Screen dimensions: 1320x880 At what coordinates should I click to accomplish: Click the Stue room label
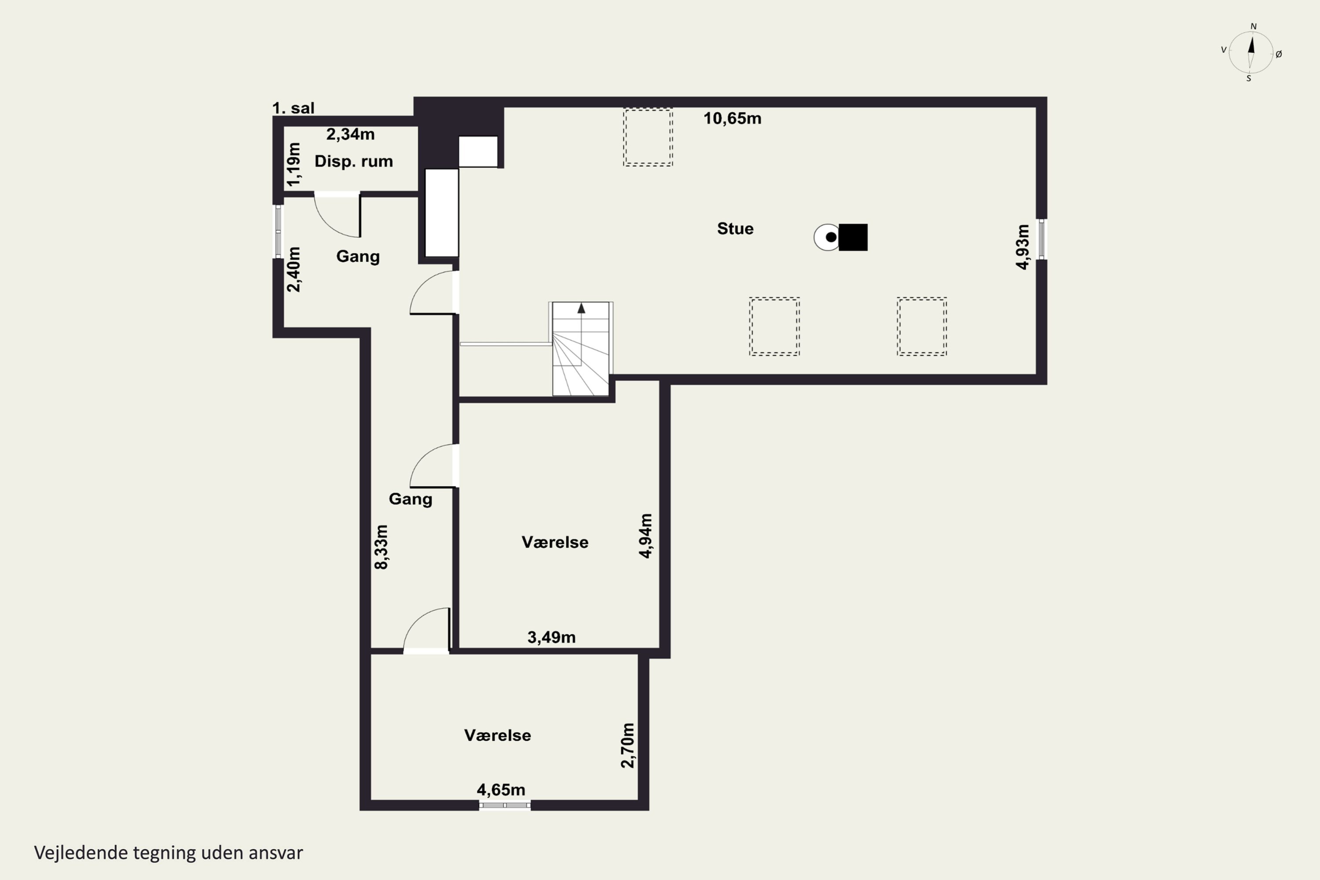(735, 229)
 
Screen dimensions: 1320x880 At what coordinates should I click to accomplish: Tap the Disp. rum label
(354, 161)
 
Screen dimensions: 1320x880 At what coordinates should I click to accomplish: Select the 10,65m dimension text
(733, 118)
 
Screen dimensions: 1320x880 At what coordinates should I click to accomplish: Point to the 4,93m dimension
(1023, 247)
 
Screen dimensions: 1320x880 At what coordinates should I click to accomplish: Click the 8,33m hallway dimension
(381, 547)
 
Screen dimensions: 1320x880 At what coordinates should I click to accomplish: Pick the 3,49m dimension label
(552, 637)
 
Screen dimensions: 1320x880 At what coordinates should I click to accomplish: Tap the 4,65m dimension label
(501, 790)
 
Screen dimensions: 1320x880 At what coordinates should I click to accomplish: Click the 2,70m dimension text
(627, 745)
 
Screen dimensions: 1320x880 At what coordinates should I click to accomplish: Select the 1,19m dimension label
(293, 164)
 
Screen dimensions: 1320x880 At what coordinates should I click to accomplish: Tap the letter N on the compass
(1254, 26)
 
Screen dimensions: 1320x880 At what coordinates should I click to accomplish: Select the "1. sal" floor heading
(293, 108)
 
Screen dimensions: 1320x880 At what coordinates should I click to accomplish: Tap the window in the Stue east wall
(1041, 239)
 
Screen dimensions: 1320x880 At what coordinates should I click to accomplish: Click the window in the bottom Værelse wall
(505, 805)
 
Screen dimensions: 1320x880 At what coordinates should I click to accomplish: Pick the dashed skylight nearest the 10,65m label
(648, 137)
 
